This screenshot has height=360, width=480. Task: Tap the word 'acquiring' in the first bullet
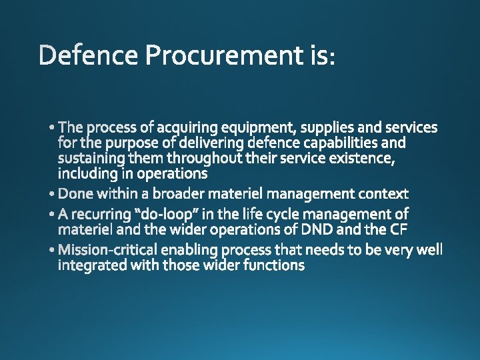pyautogui.click(x=188, y=127)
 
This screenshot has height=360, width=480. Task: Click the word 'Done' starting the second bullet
pyautogui.click(x=76, y=194)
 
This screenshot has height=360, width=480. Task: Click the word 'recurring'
pyautogui.click(x=101, y=214)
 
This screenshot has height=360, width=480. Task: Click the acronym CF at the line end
pyautogui.click(x=416, y=230)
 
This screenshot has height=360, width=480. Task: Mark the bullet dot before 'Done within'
pyautogui.click(x=53, y=195)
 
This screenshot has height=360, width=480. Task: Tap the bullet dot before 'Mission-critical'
pyautogui.click(x=53, y=251)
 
